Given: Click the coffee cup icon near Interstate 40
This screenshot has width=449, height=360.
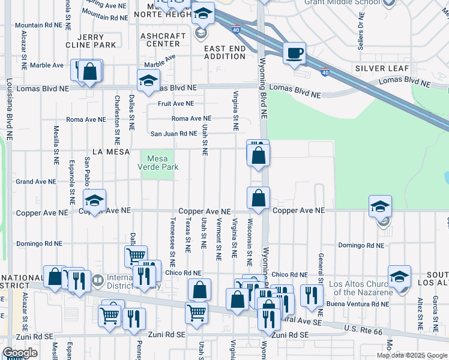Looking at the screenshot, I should coord(294,53).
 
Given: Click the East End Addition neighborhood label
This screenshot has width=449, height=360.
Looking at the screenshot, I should coord(225,52).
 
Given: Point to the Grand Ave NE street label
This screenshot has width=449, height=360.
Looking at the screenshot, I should coord(35,181).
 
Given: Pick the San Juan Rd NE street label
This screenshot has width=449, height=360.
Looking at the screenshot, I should coord(173,134).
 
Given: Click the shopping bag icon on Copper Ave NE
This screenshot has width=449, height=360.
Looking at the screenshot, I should coord(258,198).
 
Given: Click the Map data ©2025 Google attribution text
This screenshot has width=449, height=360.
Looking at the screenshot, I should coord(412,355).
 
